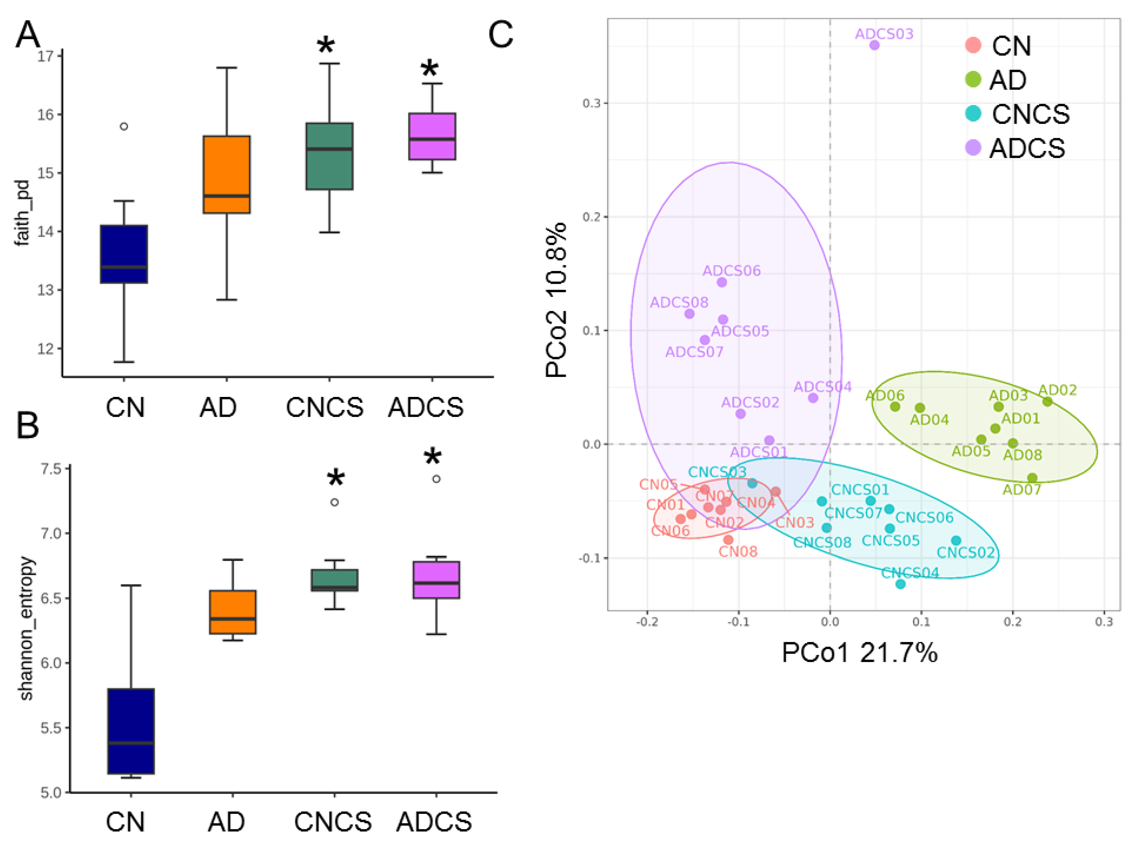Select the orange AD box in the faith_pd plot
click(x=227, y=175)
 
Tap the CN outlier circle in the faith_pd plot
click(x=124, y=126)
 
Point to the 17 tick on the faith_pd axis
click(x=46, y=56)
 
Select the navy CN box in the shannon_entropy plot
click(x=131, y=731)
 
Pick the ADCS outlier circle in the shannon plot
click(x=436, y=479)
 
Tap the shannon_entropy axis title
click(x=27, y=629)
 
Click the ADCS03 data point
click(x=874, y=45)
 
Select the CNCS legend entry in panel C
click(x=1030, y=114)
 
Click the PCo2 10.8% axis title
click(x=556, y=300)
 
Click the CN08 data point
click(x=728, y=539)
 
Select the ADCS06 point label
click(x=731, y=270)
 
